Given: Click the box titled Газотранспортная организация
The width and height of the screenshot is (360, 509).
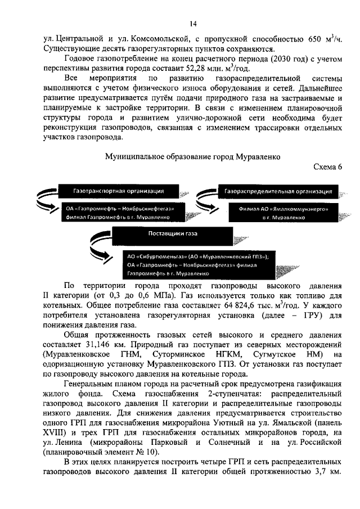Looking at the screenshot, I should tap(118, 191).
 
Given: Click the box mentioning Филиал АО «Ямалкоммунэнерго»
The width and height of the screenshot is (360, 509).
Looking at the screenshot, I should tap(283, 212).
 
